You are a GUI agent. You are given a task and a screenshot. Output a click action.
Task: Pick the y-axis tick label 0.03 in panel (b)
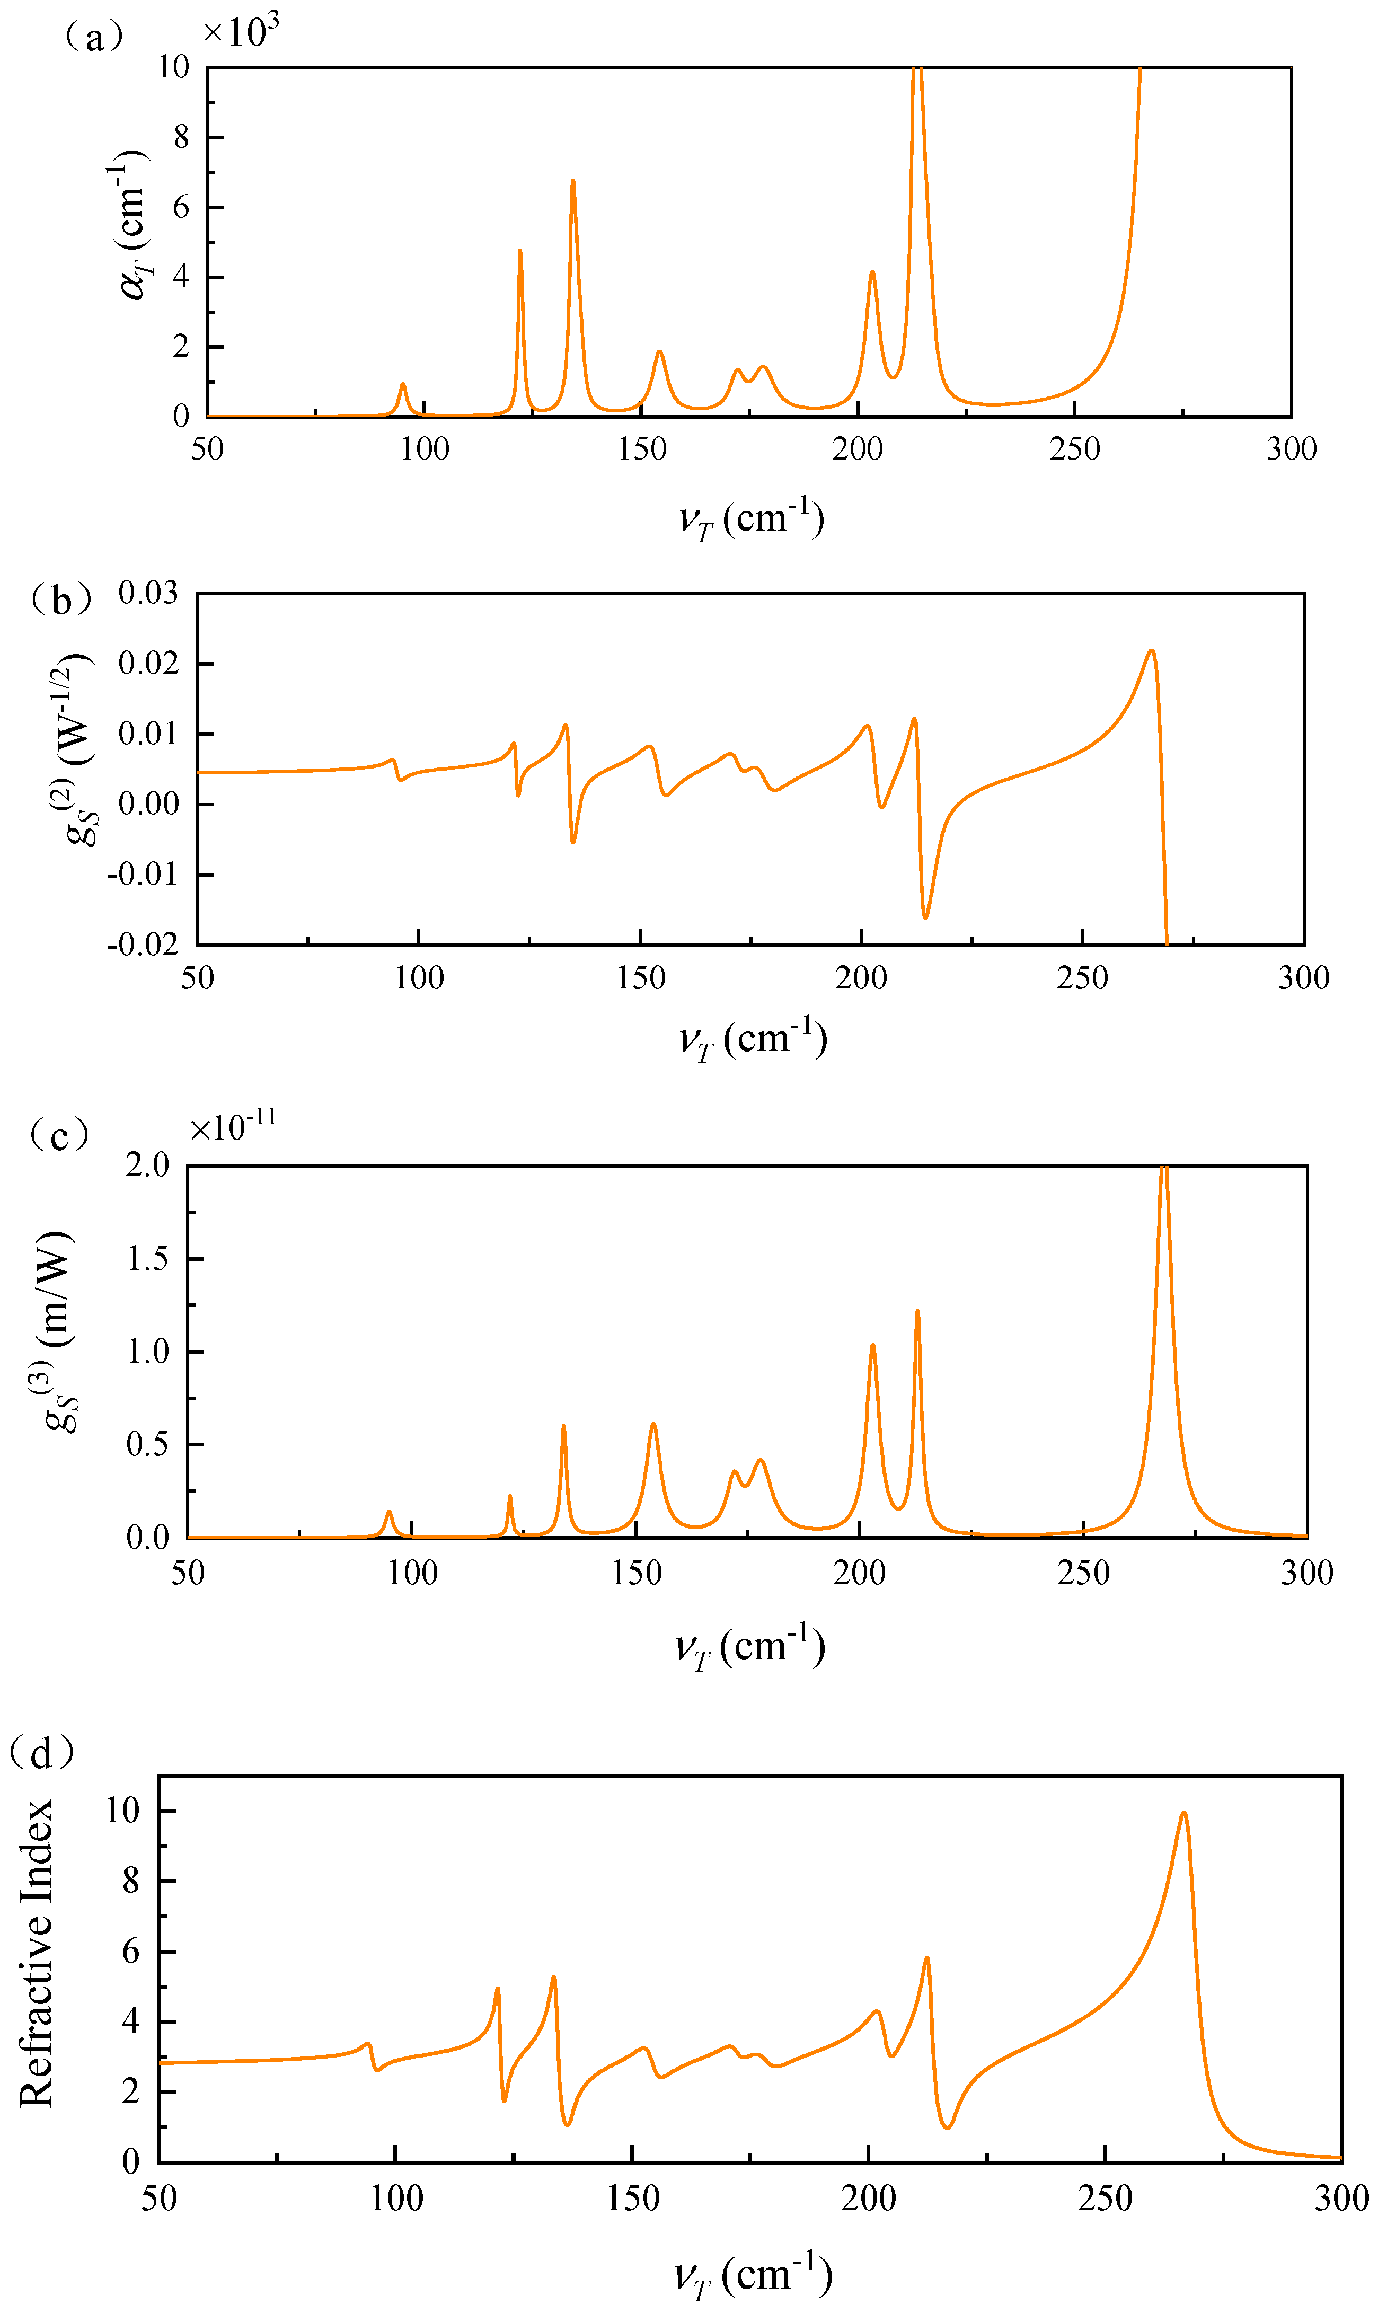tap(148, 593)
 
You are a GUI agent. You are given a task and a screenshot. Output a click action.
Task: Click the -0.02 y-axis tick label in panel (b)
tap(142, 945)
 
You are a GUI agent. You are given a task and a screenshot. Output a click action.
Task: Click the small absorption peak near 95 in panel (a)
tap(402, 384)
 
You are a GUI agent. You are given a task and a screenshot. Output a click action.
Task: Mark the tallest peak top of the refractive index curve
tap(1183, 1813)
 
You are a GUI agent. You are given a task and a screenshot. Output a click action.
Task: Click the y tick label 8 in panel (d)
tap(130, 1881)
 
